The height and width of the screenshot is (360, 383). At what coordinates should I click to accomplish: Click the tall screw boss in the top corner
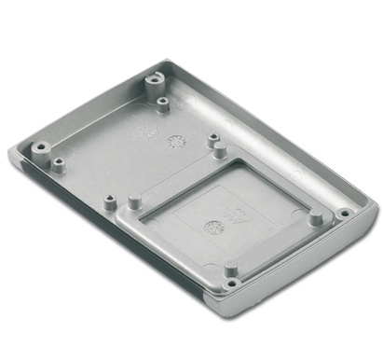tap(151, 80)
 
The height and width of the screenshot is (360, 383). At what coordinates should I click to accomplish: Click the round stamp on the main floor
tap(173, 141)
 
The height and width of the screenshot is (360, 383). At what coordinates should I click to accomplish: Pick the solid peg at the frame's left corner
tap(134, 199)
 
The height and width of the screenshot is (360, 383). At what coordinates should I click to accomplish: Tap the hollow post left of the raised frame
tap(111, 200)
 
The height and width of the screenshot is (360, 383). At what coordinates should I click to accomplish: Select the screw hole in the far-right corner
tap(344, 213)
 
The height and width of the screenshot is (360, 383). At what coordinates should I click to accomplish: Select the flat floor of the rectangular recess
tap(224, 210)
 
